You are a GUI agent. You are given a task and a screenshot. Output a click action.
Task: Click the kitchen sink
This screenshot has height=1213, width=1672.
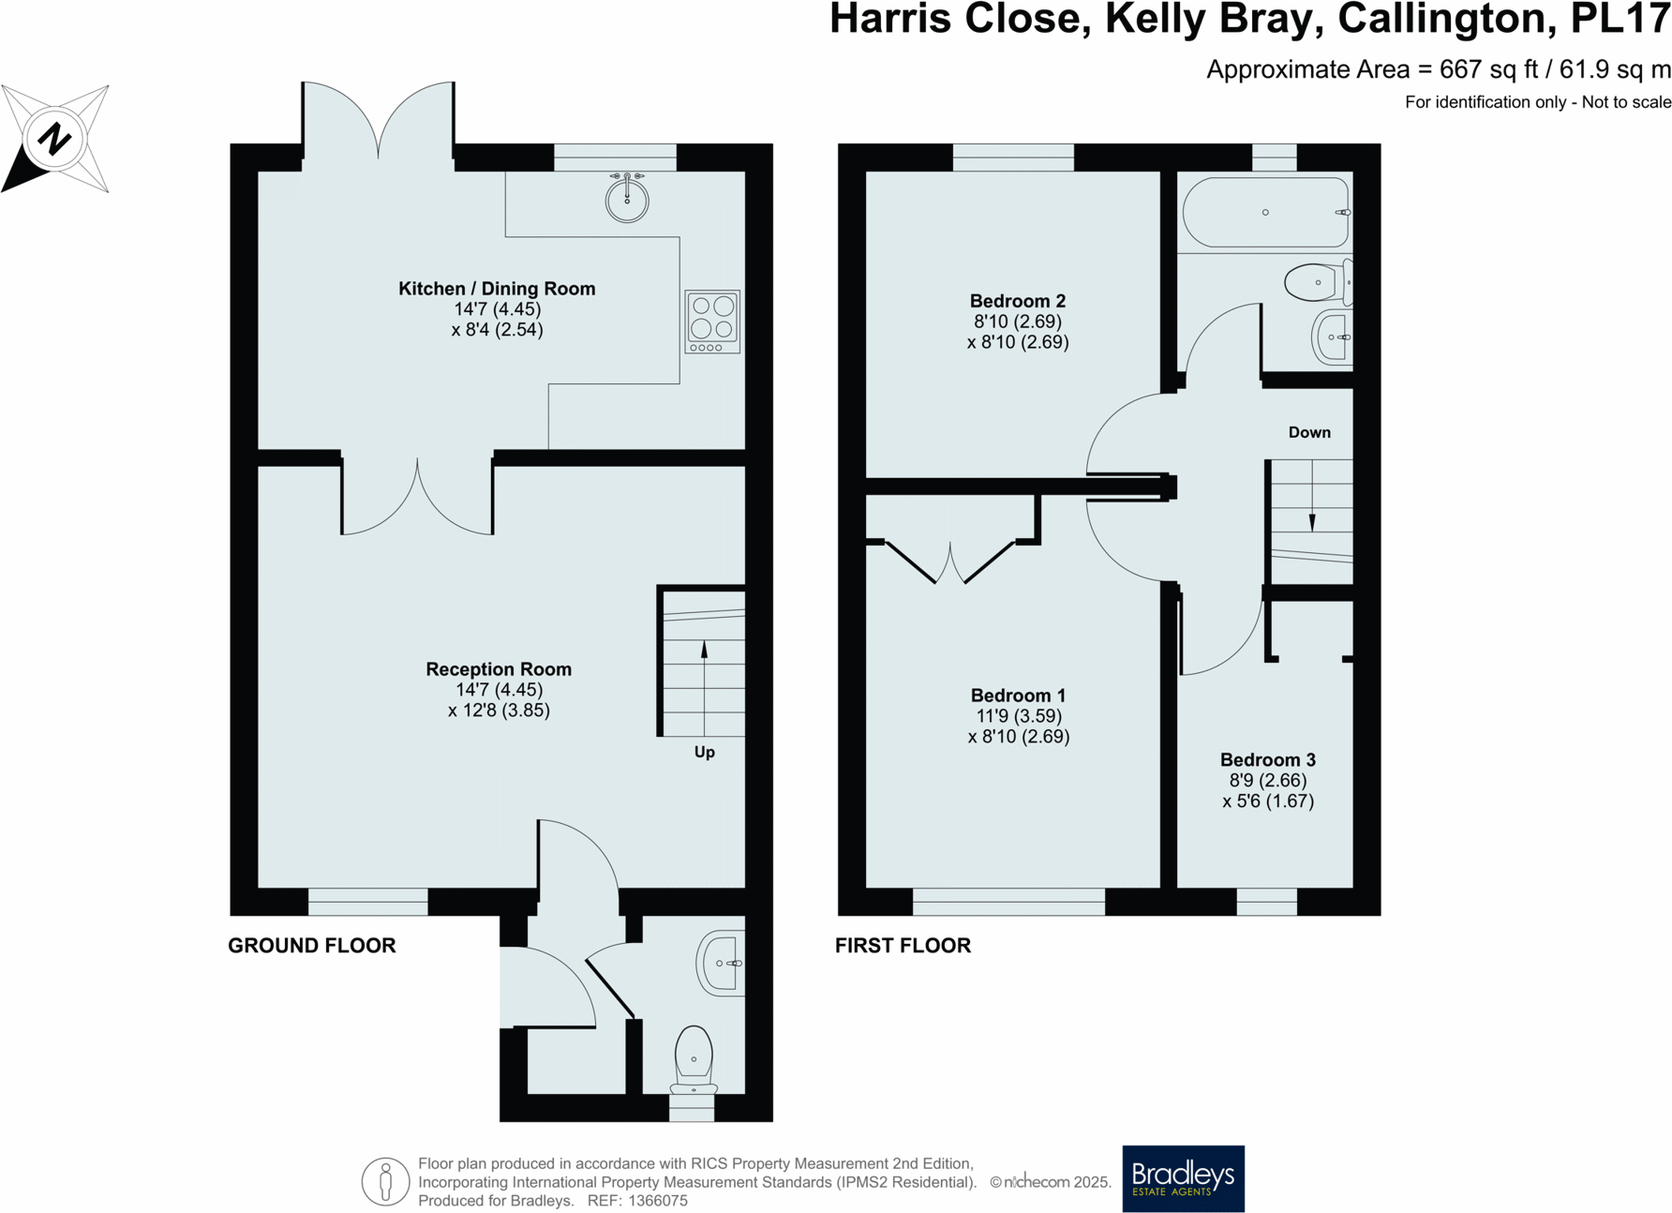pos(626,198)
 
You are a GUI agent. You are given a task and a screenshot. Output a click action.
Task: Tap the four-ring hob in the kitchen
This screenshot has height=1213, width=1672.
pos(712,322)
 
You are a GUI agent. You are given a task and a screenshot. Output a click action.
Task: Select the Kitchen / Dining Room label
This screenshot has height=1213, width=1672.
pos(497,289)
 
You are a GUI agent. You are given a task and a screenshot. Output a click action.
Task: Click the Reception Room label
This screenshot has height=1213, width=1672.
pos(499,669)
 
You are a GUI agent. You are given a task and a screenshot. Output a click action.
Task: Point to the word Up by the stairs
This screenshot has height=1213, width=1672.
pos(705,752)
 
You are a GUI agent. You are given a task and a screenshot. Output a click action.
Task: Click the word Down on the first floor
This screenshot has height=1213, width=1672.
pos(1309,432)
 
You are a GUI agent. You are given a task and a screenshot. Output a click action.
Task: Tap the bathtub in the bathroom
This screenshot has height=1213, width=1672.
pos(1265,213)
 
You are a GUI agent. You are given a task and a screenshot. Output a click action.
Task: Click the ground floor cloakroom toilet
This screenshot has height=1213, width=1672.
pos(694,1060)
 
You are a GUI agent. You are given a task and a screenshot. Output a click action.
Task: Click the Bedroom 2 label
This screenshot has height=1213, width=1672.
pos(1018,301)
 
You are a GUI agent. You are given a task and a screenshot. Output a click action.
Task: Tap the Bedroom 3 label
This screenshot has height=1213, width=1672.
pos(1268,760)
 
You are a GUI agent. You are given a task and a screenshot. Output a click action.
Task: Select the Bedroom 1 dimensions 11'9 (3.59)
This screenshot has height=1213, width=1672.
pos(1019,716)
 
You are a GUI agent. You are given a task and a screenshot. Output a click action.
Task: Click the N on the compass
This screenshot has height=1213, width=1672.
pos(54,139)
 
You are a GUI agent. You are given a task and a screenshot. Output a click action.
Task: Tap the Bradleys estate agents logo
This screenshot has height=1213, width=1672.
pos(1183,1178)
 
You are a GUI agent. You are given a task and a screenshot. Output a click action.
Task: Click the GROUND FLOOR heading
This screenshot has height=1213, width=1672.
pos(312,945)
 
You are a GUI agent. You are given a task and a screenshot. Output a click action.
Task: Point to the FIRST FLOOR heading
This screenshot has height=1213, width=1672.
pos(903,945)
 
